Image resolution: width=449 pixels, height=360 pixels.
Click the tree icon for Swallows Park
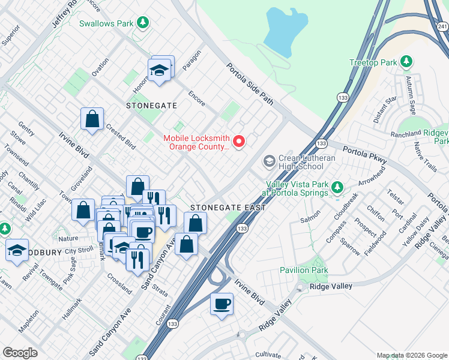point(142,23)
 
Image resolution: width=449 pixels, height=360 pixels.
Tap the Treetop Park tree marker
point(406,62)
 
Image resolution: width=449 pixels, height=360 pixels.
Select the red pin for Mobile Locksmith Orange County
point(239,142)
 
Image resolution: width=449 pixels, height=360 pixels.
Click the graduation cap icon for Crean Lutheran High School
point(270,160)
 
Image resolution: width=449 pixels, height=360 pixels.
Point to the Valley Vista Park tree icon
point(337,188)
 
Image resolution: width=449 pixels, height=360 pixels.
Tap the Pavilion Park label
point(304,271)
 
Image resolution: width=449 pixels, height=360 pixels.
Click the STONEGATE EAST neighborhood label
point(228,208)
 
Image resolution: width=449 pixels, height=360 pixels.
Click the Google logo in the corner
point(20,353)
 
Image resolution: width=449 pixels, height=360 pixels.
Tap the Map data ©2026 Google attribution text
point(411,355)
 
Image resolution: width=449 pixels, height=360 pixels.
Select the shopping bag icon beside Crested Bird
point(92,119)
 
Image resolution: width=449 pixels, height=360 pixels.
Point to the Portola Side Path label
point(250,85)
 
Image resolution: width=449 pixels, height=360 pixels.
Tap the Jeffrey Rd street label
point(65,13)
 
